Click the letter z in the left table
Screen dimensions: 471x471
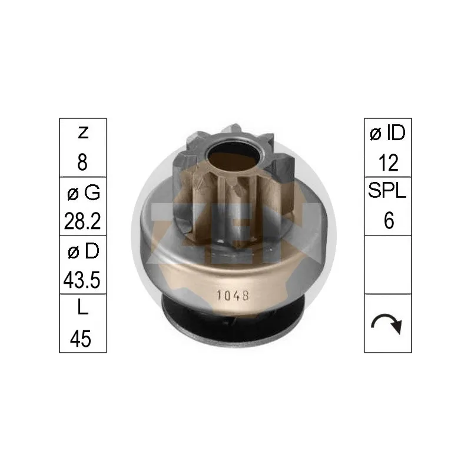point(83,133)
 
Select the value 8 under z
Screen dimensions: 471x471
point(82,162)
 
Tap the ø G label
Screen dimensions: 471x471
point(83,193)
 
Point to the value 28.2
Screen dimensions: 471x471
point(82,221)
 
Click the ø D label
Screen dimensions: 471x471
point(83,251)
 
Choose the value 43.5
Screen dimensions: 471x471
point(82,280)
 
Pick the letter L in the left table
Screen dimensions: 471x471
point(82,307)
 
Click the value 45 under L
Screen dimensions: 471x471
point(81,339)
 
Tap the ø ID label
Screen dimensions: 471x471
point(387,133)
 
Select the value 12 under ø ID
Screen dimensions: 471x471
point(389,162)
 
